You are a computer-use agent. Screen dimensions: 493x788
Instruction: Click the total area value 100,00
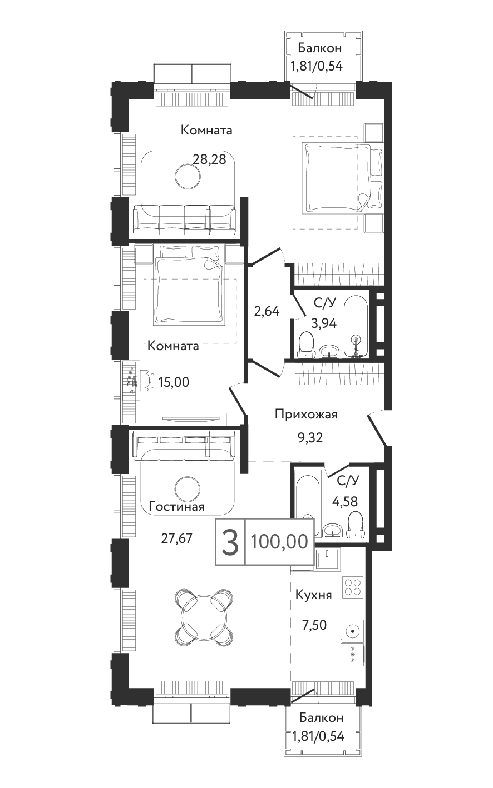pyautogui.click(x=279, y=542)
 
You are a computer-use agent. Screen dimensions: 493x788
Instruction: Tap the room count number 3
pyautogui.click(x=231, y=542)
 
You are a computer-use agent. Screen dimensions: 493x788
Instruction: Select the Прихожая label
pyautogui.click(x=306, y=415)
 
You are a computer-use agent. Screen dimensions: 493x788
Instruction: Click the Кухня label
pyautogui.click(x=313, y=595)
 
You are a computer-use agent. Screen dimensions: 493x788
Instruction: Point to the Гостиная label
pyautogui.click(x=177, y=507)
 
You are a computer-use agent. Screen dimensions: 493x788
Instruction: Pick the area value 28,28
pyautogui.click(x=209, y=159)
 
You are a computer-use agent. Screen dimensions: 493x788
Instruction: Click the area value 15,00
pyautogui.click(x=174, y=382)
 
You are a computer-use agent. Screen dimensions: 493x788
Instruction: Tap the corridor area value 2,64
pyautogui.click(x=267, y=311)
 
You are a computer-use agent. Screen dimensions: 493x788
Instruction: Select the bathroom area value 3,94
pyautogui.click(x=323, y=322)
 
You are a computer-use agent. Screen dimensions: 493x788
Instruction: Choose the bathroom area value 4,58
pyautogui.click(x=345, y=502)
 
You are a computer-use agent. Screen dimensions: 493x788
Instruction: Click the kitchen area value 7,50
pyautogui.click(x=314, y=625)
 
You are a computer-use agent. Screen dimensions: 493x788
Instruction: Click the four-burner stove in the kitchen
pyautogui.click(x=352, y=588)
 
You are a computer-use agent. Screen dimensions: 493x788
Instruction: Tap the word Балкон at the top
pyautogui.click(x=320, y=48)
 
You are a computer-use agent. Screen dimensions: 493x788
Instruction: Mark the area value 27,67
pyautogui.click(x=177, y=538)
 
